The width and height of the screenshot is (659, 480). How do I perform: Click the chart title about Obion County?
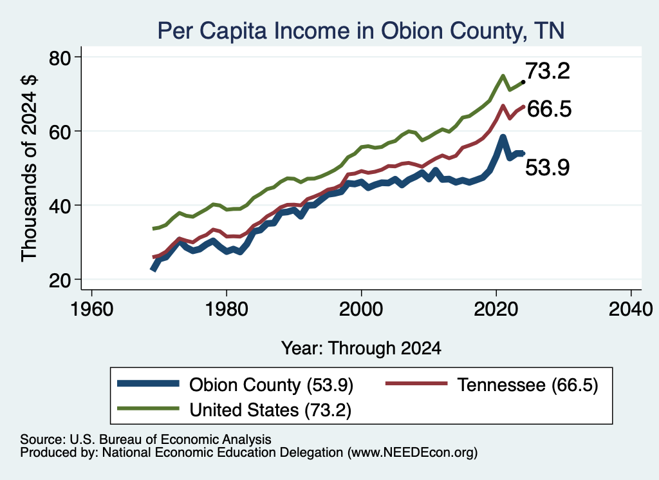[361, 31]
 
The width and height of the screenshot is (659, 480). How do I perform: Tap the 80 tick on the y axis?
[60, 58]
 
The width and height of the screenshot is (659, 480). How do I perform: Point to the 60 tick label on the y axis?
[60, 132]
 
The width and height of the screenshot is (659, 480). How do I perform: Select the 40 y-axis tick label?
[60, 206]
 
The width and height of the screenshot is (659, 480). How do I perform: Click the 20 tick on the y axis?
[60, 280]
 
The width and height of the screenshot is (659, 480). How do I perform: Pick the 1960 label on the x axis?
[91, 309]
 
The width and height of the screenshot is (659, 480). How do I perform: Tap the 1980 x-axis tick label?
[227, 309]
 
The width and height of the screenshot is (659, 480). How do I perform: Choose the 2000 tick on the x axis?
[361, 309]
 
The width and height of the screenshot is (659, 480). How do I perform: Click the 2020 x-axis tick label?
[496, 309]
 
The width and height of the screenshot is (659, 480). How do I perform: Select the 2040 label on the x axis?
[631, 309]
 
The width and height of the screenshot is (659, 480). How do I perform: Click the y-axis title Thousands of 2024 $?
[29, 168]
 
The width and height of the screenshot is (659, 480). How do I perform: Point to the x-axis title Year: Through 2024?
[361, 349]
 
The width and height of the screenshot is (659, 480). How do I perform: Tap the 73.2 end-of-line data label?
[548, 71]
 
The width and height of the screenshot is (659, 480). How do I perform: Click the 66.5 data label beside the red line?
[550, 109]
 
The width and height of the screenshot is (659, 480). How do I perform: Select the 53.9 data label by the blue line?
[548, 168]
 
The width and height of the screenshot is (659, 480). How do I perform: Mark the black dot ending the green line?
[523, 82]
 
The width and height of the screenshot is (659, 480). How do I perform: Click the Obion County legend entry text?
[271, 385]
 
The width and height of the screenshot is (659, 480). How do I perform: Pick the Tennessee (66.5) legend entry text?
[528, 385]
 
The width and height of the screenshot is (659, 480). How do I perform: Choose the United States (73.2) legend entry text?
[270, 410]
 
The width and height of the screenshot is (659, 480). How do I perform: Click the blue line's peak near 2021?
[503, 138]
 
